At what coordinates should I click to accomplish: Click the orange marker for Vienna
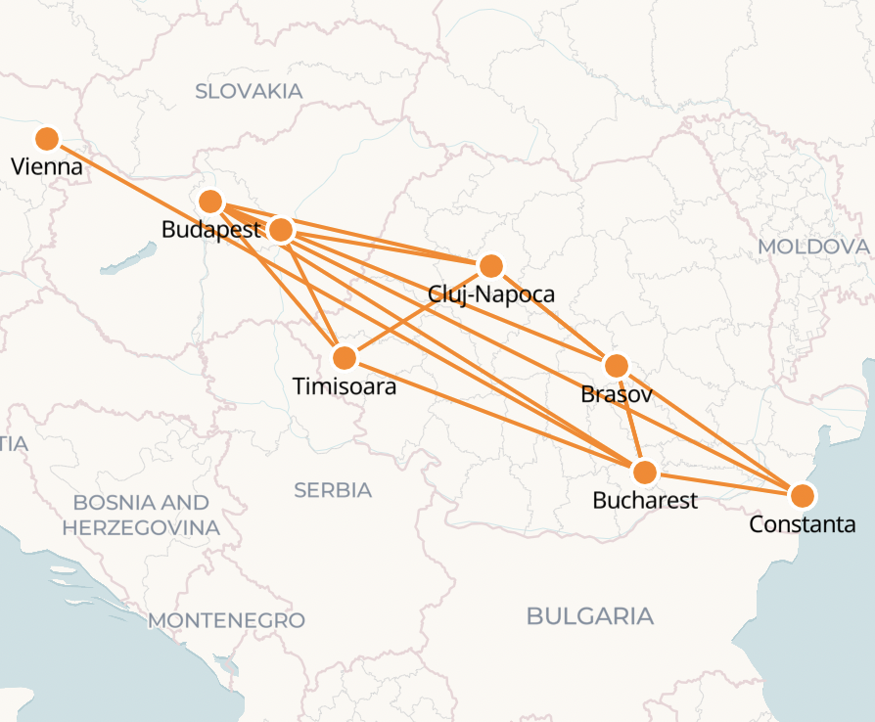coord(46,139)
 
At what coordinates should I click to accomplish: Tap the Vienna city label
coord(46,167)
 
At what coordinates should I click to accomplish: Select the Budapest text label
coord(211,231)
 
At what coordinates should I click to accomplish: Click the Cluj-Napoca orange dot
coord(491,265)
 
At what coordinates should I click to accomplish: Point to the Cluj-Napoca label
coord(491,293)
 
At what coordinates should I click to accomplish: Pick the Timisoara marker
coord(345,358)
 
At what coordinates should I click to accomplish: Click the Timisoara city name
coord(345,386)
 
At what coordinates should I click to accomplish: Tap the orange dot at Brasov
coord(616,366)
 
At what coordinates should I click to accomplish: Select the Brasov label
coord(616,394)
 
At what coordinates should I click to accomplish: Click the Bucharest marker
coord(644,473)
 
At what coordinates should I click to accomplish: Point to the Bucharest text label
coord(645,501)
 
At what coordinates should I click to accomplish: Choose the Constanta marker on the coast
coord(802,495)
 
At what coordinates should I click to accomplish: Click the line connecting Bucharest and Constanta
coord(723,484)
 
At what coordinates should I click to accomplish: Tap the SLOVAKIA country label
coord(249,92)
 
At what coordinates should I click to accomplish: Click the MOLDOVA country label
coord(813,247)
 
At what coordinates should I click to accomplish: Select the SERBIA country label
coord(333,490)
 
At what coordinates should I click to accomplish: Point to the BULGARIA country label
coord(589,616)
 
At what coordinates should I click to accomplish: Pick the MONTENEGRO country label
coord(226,620)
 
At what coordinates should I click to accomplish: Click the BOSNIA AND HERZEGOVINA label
coord(141,515)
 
